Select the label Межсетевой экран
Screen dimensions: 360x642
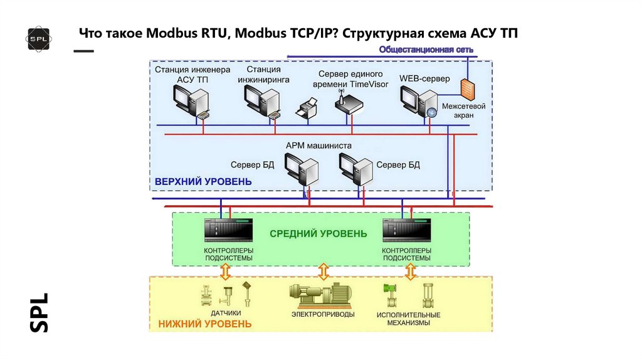click(x=464, y=111)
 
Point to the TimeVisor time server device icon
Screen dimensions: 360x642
click(x=348, y=104)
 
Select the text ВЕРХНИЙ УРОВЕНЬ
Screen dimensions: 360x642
click(x=203, y=182)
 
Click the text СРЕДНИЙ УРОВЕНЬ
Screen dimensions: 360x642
click(x=318, y=234)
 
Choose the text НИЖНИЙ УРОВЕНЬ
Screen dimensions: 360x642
click(x=205, y=324)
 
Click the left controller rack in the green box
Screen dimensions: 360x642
click(x=228, y=231)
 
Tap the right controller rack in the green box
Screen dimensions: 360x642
click(x=407, y=231)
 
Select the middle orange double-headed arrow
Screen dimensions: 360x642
click(x=324, y=271)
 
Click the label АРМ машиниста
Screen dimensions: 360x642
click(x=318, y=146)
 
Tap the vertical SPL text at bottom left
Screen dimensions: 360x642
click(x=39, y=312)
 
